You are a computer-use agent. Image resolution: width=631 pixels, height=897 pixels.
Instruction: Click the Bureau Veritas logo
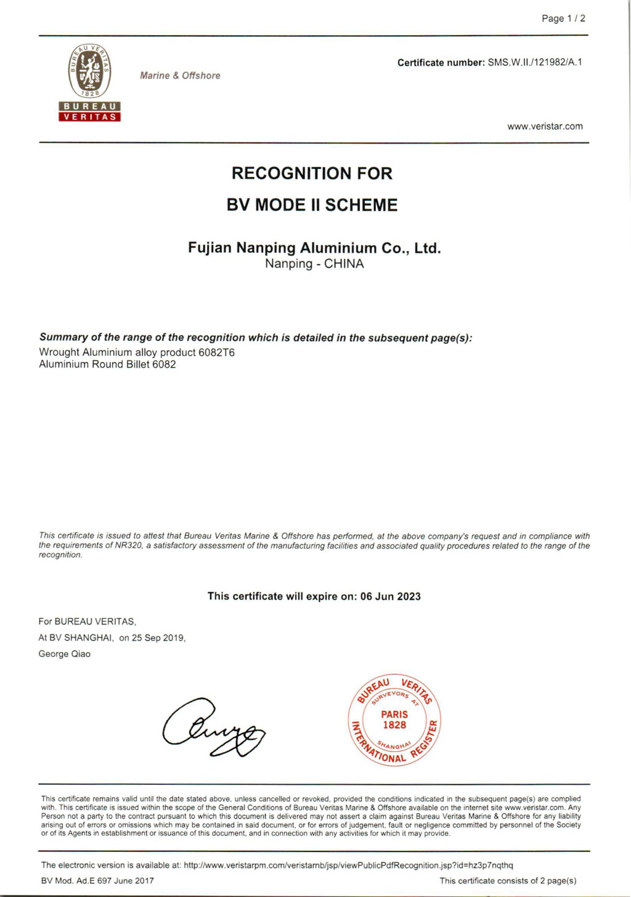pos(89,83)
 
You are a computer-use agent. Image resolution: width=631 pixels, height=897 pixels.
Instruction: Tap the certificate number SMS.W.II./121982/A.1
pos(535,62)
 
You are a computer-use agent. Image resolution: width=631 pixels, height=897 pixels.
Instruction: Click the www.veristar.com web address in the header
pos(545,126)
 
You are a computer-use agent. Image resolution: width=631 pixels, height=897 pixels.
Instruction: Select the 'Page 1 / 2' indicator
pos(563,18)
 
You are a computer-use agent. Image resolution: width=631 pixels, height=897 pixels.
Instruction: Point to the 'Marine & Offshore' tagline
pos(180,75)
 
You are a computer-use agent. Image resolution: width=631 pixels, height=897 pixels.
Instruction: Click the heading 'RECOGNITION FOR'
pos(312,173)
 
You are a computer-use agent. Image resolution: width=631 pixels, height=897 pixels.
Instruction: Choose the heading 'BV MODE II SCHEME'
pos(312,205)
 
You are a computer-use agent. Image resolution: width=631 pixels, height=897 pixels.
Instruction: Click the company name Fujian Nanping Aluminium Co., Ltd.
pos(314,248)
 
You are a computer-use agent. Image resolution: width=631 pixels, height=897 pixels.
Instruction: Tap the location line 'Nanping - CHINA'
pos(314,264)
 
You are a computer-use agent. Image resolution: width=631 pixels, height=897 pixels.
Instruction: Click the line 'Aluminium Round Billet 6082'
pos(107,364)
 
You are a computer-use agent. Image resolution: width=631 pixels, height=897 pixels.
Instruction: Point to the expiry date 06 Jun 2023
pos(391,596)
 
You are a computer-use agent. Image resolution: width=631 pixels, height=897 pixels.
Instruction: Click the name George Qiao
pos(64,654)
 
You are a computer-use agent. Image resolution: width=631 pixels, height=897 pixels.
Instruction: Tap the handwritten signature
pos(213,728)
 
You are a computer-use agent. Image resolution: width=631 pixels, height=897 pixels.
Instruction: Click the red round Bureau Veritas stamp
pos(394,720)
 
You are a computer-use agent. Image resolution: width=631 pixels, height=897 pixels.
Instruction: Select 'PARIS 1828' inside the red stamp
pos(394,719)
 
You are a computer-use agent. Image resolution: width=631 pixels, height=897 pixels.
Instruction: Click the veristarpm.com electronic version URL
pos(348,865)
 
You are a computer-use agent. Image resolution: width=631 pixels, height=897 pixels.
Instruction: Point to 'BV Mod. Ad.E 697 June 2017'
pos(97,881)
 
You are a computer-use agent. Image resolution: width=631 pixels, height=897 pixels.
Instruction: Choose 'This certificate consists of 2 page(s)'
pos(508,881)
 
